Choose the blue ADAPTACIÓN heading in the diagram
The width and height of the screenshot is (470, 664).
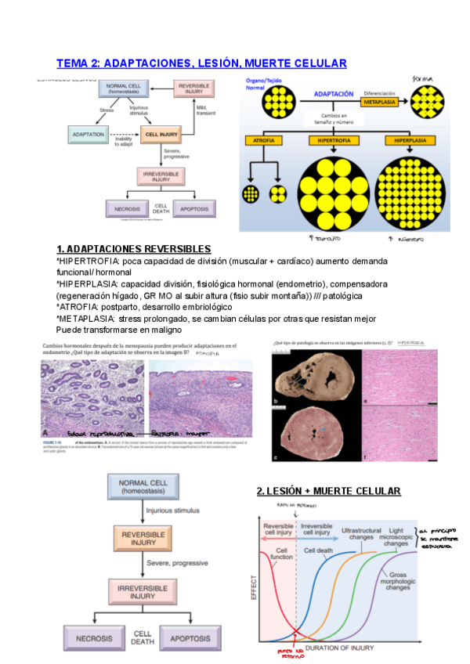coord(334,93)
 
